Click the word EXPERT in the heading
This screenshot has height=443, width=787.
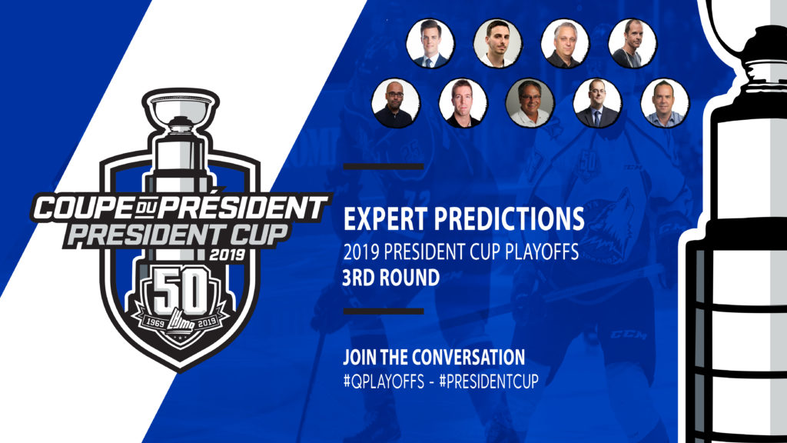pyautogui.click(x=385, y=219)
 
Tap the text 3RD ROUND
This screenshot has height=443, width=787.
pyautogui.click(x=391, y=278)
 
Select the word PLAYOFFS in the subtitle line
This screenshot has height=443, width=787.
pyautogui.click(x=542, y=251)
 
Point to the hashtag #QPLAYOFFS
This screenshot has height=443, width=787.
pyautogui.click(x=384, y=381)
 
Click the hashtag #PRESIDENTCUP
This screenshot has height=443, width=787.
pyautogui.click(x=489, y=381)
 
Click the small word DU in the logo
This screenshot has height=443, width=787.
pyautogui.click(x=147, y=206)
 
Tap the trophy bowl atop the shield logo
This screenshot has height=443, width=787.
pyautogui.click(x=181, y=107)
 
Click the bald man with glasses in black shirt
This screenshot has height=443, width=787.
pyautogui.click(x=396, y=102)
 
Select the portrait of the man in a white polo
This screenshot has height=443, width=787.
pyautogui.click(x=530, y=102)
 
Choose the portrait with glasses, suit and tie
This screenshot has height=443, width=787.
pyautogui.click(x=597, y=102)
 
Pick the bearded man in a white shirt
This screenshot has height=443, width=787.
pyautogui.click(x=497, y=43)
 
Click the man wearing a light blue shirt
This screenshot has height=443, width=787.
pyautogui.click(x=665, y=102)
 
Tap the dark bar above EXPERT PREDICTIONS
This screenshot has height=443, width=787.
pyautogui.click(x=384, y=167)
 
